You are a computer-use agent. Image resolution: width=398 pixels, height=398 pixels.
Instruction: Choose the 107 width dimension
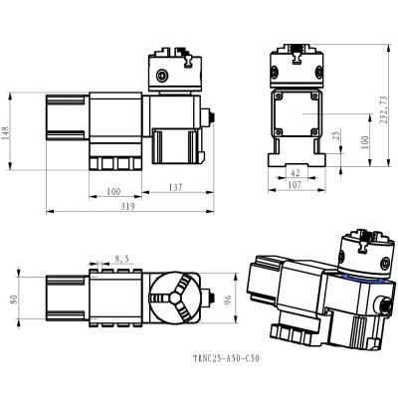tap(296, 186)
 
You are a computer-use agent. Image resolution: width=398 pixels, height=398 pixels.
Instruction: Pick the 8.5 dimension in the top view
tap(121, 257)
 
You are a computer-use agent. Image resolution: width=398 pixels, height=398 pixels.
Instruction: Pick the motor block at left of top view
tap(65, 297)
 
